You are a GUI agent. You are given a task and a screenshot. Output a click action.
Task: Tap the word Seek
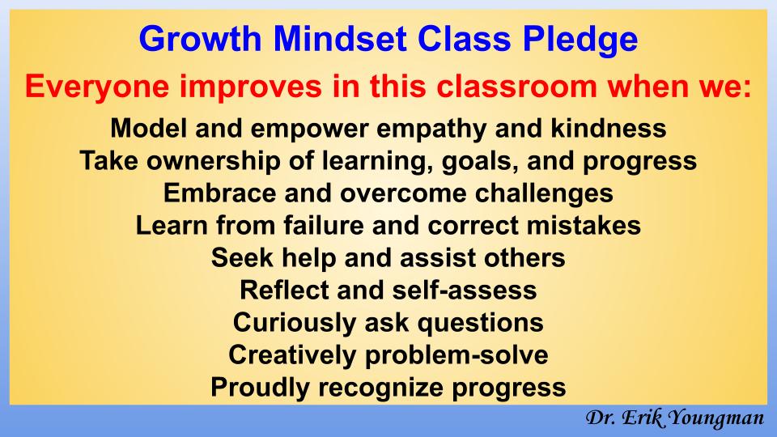click(x=237, y=258)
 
